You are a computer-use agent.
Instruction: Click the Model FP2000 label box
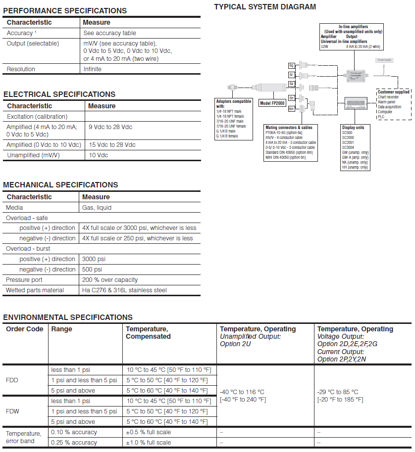tap(272, 103)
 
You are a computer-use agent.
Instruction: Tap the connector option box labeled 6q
tap(292, 65)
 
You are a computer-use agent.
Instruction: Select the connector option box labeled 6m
tap(292, 108)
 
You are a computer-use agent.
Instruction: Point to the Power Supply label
tap(384, 60)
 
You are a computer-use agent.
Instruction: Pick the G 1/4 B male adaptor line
tap(227, 131)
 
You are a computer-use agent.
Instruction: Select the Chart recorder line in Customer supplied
tap(388, 97)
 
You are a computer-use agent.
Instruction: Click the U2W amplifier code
tap(324, 46)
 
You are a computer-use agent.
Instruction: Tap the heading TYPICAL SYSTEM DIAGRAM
tap(264, 7)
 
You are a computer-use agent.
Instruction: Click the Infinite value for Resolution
tap(92, 69)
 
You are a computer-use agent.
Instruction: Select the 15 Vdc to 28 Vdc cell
tap(112, 145)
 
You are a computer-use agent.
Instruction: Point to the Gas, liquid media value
tap(97, 208)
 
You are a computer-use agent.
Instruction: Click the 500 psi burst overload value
tap(92, 270)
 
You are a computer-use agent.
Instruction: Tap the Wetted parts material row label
tap(35, 290)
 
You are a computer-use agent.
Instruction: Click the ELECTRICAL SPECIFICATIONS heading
tap(59, 94)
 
